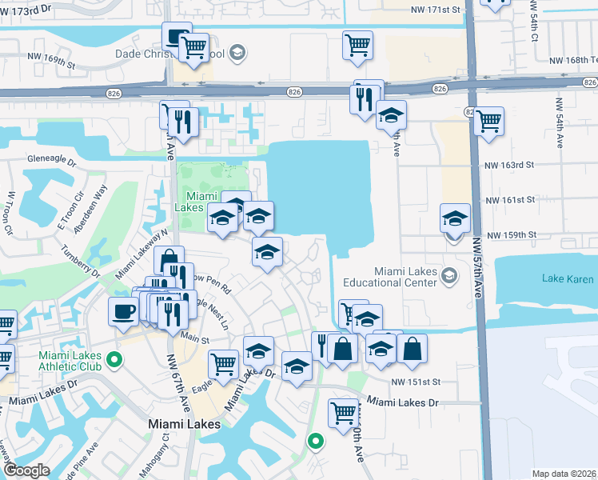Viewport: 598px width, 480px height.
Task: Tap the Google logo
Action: (x=26, y=470)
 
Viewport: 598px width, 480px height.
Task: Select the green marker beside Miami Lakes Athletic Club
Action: (x=114, y=360)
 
